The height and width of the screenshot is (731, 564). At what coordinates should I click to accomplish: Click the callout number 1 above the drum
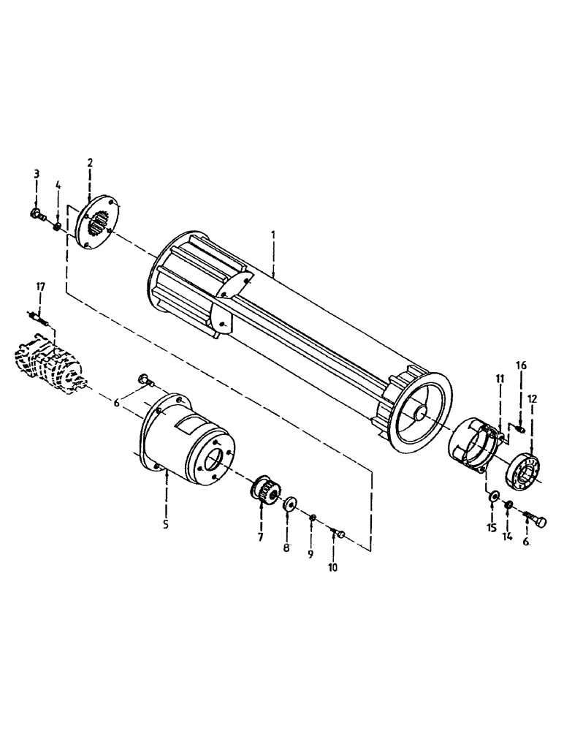click(x=273, y=237)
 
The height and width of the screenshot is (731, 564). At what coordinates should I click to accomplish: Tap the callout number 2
click(x=90, y=162)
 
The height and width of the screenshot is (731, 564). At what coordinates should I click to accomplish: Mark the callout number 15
click(x=492, y=527)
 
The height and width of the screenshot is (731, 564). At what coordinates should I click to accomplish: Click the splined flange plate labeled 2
click(x=94, y=224)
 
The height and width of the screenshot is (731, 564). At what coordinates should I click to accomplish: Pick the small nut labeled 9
click(x=312, y=518)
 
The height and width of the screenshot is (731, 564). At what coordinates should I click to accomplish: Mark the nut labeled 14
click(x=508, y=504)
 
